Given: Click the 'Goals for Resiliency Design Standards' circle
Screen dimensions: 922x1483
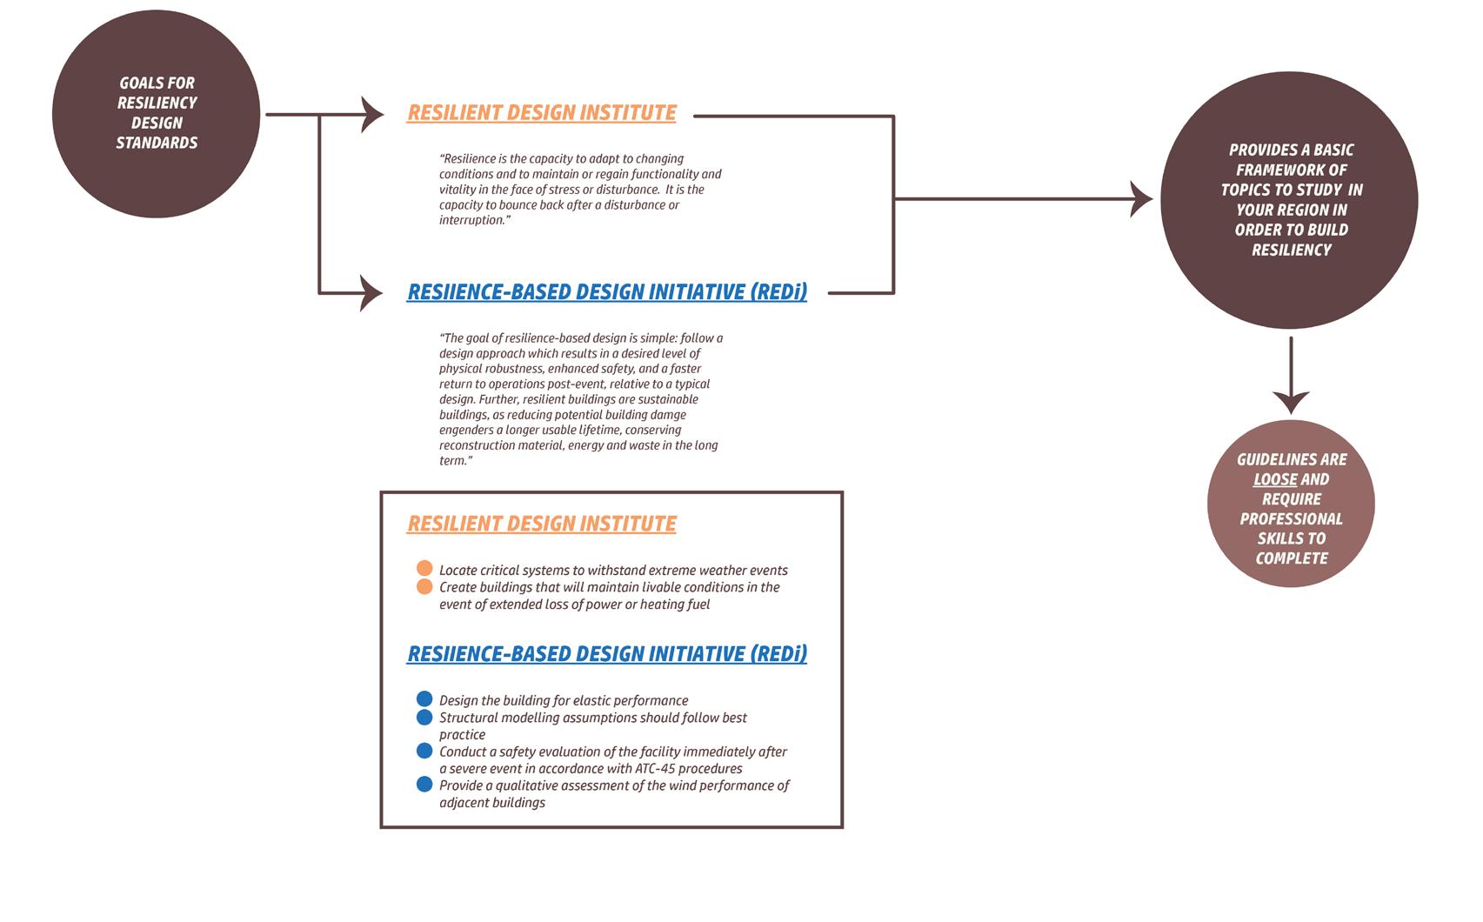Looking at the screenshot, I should click(157, 114).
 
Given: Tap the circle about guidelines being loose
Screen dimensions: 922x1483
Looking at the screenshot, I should click(1291, 504).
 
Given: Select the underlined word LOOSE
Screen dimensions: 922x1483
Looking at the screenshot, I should click(1275, 479).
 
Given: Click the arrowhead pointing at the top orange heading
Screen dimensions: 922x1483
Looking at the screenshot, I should click(373, 114).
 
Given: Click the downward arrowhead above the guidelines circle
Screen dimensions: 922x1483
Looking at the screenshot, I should click(1291, 402).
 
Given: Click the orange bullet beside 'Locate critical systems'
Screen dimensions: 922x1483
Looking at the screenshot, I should click(424, 569).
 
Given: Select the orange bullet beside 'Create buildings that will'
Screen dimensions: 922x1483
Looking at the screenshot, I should click(424, 586).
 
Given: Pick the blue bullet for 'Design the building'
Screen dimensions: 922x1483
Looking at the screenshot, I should click(424, 698).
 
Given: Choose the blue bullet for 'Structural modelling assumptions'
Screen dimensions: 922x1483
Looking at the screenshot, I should click(424, 717).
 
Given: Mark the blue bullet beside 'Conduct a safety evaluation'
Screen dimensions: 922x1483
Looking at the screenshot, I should click(424, 750).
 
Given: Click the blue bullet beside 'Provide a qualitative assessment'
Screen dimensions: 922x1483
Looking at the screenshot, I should click(424, 785).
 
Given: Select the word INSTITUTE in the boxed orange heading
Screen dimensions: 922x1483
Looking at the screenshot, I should click(629, 524).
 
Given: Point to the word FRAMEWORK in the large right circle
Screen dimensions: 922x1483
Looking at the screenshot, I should click(1292, 170).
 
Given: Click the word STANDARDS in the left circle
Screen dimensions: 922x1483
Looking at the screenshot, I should click(157, 143).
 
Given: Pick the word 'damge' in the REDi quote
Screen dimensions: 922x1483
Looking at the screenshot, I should click(666, 415).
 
